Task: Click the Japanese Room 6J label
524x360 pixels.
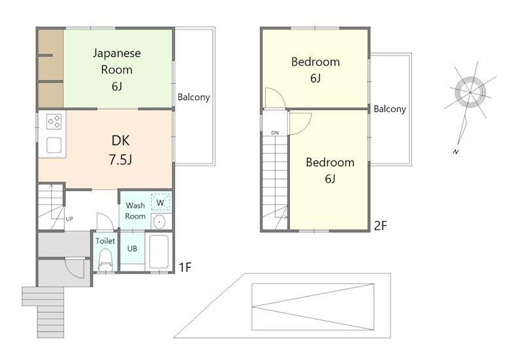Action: click(x=117, y=69)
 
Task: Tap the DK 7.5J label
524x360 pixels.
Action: click(x=121, y=150)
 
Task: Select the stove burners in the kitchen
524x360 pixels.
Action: click(x=54, y=122)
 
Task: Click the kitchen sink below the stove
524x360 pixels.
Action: click(x=54, y=145)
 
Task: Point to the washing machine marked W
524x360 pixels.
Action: click(x=160, y=202)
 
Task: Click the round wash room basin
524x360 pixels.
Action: click(x=160, y=221)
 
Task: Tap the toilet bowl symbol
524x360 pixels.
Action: click(x=106, y=261)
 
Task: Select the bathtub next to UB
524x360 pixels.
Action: click(x=159, y=252)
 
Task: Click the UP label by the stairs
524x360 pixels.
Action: click(x=69, y=219)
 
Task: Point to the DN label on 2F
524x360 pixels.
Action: click(x=274, y=133)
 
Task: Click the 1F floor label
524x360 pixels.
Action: click(x=185, y=267)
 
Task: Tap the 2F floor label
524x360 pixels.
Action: click(x=381, y=226)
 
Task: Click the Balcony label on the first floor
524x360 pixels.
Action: click(x=193, y=97)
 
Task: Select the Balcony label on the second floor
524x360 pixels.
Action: click(x=390, y=109)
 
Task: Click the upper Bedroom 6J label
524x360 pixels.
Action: click(x=315, y=70)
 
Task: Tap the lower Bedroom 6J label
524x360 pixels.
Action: click(x=330, y=170)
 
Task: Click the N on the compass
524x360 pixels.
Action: click(x=456, y=152)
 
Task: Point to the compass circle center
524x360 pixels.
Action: click(x=470, y=92)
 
